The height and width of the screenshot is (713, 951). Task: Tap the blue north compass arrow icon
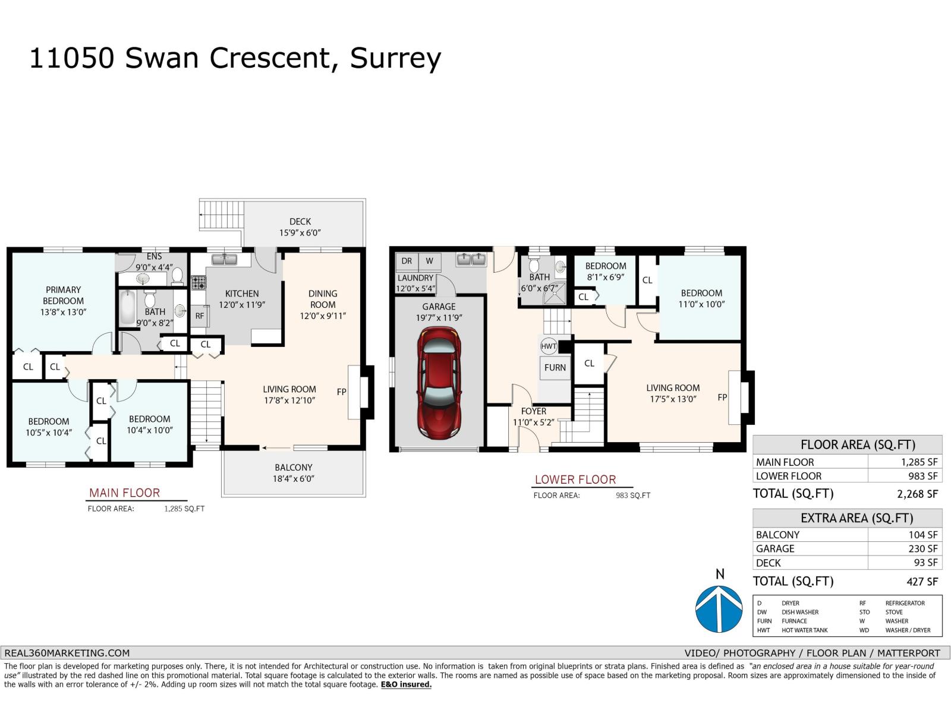coord(719,609)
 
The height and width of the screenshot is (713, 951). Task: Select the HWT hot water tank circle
coord(549,346)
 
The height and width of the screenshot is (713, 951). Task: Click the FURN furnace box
coord(555,368)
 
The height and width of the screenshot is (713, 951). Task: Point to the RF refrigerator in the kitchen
coord(200,316)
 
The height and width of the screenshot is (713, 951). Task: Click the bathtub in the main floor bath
coord(127,307)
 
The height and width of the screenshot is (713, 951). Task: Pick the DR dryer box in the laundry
coord(407,261)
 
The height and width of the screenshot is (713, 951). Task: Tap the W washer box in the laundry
coord(429,261)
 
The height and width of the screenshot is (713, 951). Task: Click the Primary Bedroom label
coord(63,295)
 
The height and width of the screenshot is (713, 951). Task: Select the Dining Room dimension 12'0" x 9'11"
coord(323,316)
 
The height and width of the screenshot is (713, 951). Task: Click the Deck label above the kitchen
coord(300,221)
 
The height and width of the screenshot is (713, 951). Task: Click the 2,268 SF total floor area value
coord(917,494)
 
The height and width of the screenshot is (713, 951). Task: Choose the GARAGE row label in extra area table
coord(775,548)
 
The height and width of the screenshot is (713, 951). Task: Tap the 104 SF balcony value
coord(922,535)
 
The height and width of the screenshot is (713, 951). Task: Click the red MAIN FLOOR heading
coord(124,493)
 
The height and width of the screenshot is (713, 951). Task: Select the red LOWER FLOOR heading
coord(575,479)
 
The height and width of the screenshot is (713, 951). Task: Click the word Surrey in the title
coord(395,58)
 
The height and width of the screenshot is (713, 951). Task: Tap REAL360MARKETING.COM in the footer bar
coord(67,652)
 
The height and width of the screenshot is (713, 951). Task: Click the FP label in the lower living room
coord(722,397)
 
